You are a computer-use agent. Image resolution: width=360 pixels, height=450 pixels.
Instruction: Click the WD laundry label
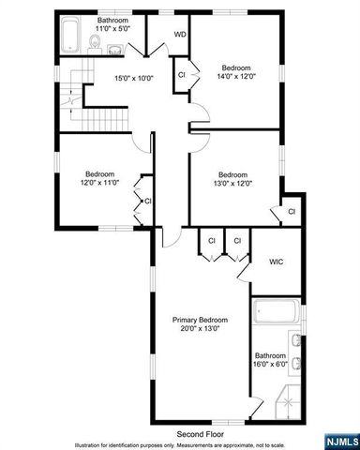click(180, 36)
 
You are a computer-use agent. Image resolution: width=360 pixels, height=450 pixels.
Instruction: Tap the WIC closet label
click(277, 262)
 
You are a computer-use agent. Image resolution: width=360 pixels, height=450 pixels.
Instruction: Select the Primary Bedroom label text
click(199, 320)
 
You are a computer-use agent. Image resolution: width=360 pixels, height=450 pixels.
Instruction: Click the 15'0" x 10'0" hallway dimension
click(132, 79)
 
